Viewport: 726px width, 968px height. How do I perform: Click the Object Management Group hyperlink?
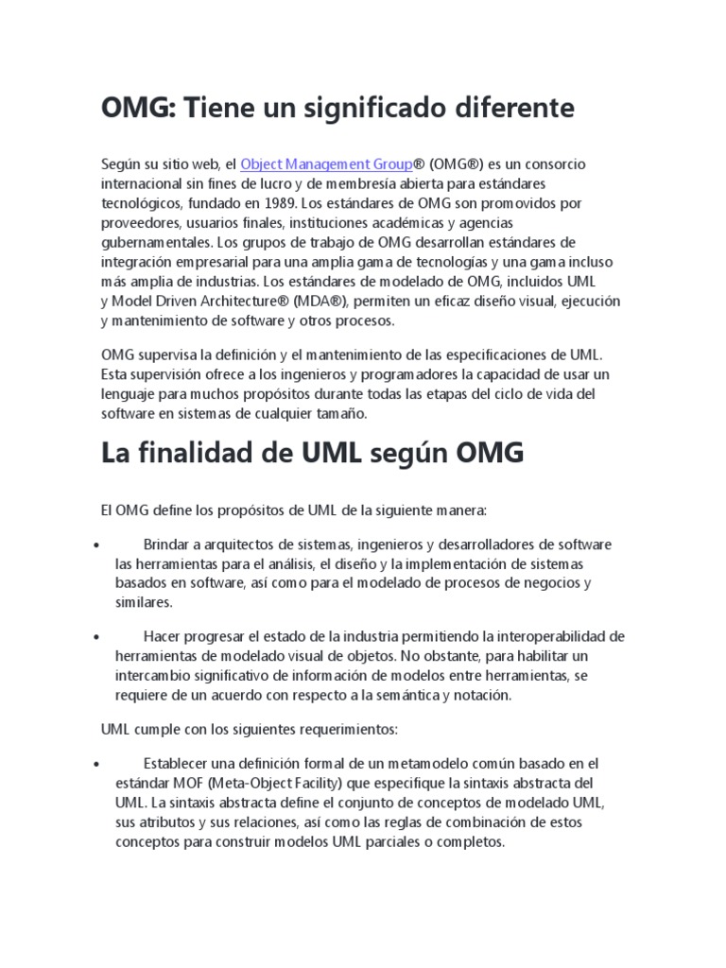point(326,164)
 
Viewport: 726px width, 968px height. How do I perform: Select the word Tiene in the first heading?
point(219,109)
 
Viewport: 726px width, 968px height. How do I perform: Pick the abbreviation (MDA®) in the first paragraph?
point(325,301)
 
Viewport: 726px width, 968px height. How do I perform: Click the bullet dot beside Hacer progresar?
point(98,636)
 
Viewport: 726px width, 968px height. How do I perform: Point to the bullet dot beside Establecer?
point(98,763)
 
